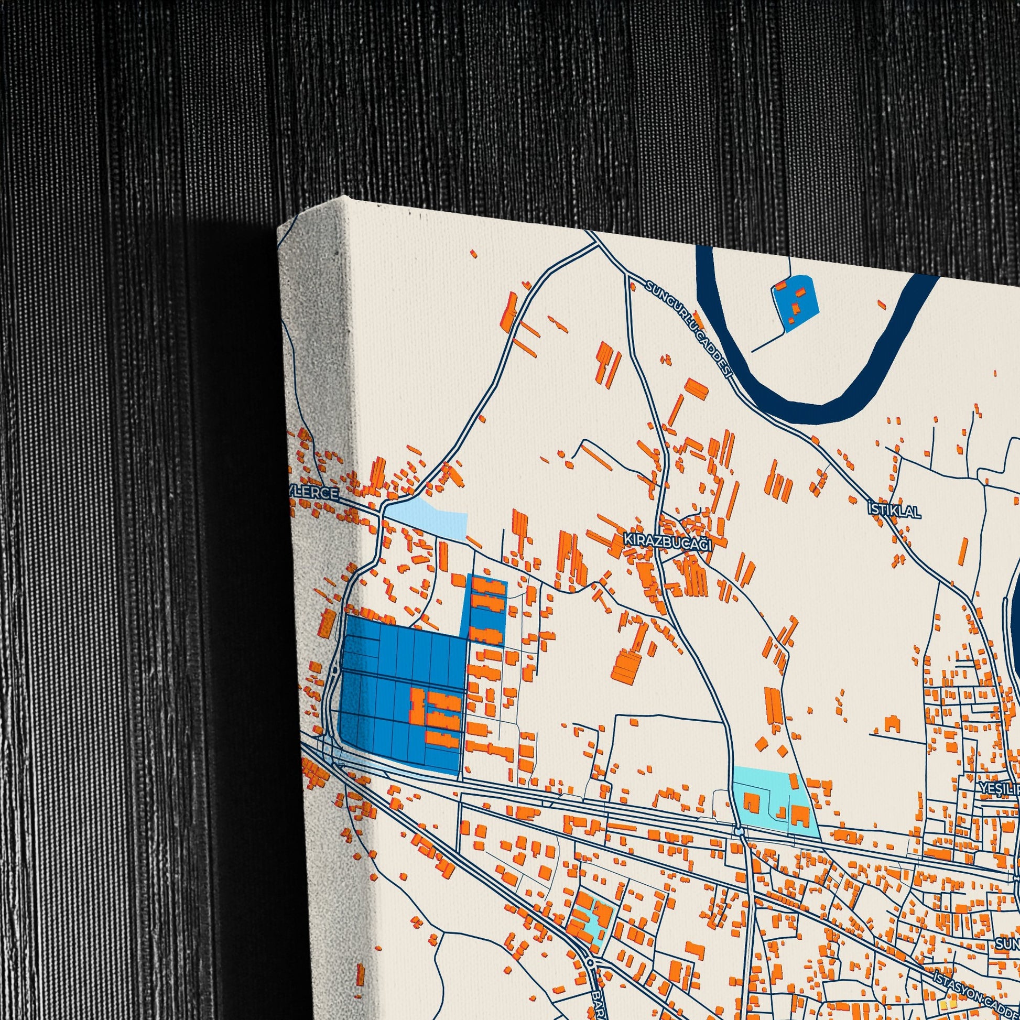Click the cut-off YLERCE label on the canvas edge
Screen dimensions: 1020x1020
tap(313, 493)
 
